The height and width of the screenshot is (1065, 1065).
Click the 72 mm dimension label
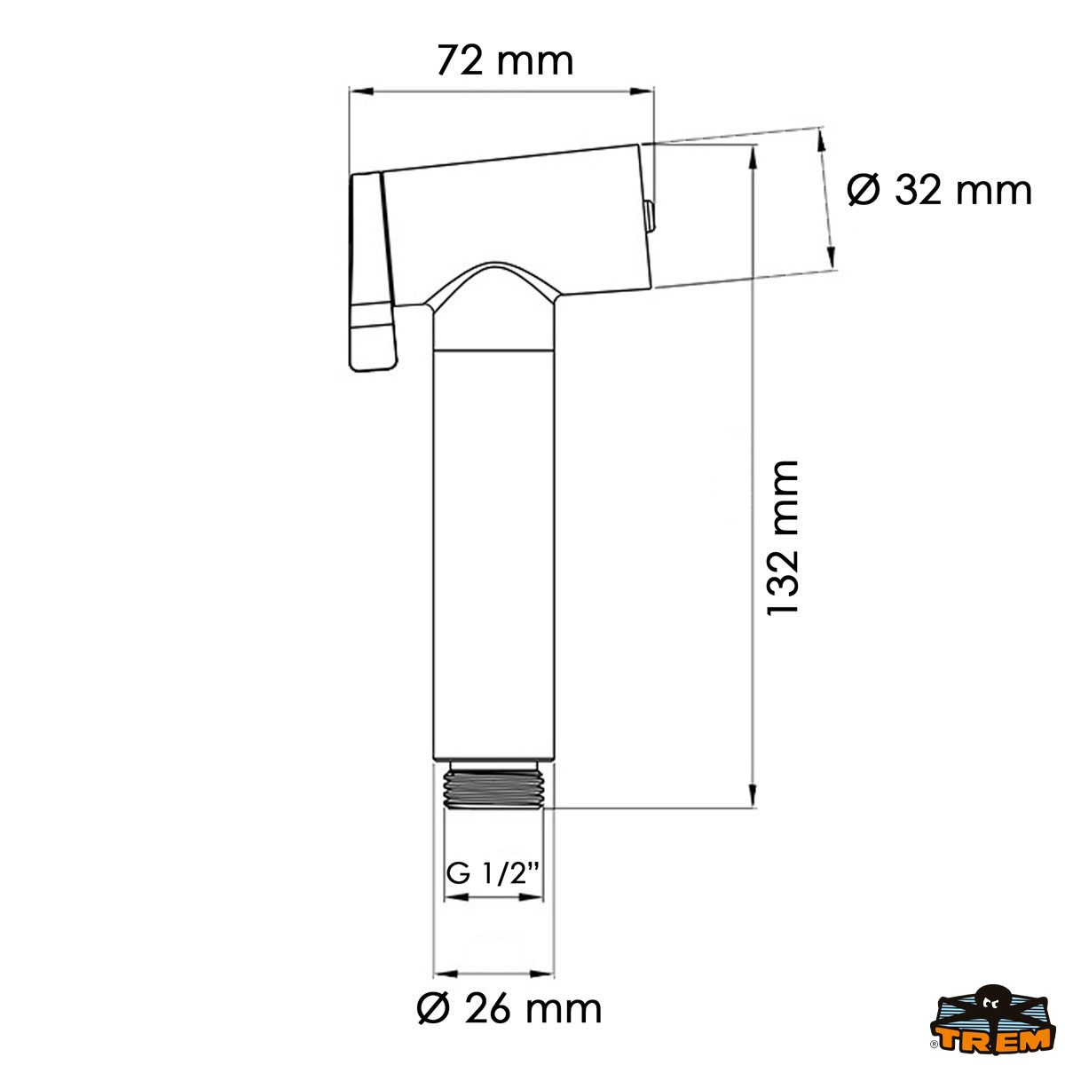coord(505,61)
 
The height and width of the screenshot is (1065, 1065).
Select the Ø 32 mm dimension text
coord(939,190)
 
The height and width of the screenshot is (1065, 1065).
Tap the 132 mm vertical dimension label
coord(784,538)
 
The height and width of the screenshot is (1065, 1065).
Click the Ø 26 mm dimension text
coord(509,1008)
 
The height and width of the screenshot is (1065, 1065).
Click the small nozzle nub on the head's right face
coord(649,216)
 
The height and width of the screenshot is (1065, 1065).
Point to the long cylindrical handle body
coord(493,550)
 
